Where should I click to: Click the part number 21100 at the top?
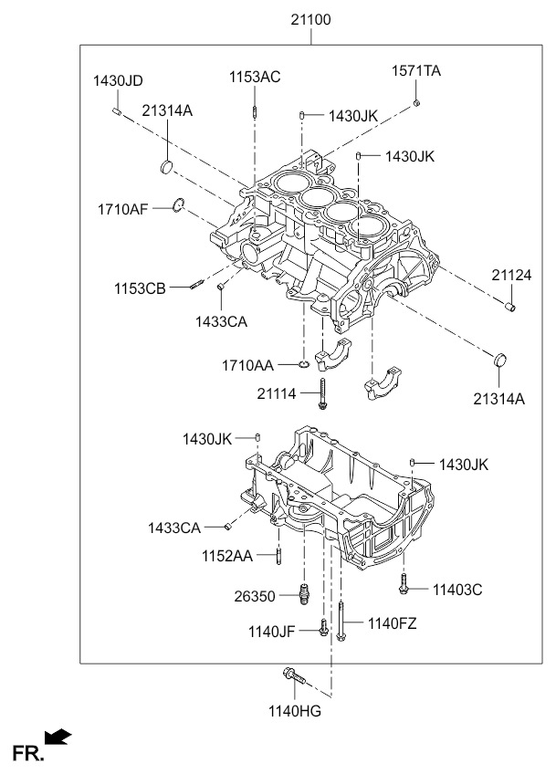pos(310,20)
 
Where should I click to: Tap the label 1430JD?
pos(118,80)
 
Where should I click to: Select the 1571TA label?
pos(416,71)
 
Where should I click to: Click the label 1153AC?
pos(255,77)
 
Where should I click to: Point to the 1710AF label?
pos(123,209)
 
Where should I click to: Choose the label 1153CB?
pos(140,288)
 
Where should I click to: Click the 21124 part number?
pos(511,275)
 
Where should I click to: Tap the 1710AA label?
pos(247,365)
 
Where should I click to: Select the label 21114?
pos(277,394)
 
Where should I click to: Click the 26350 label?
pos(255,596)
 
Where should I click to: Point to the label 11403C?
pos(457,590)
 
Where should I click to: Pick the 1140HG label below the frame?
pos(295,711)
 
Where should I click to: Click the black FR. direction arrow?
pos(58,737)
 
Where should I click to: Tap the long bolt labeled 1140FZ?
pos(341,621)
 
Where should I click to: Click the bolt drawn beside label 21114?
pos(322,394)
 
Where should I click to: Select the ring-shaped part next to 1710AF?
pos(178,204)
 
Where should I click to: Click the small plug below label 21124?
pos(510,307)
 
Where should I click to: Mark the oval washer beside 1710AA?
pos(304,365)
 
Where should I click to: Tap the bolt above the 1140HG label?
pos(294,675)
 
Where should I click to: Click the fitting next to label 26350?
pos(305,593)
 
